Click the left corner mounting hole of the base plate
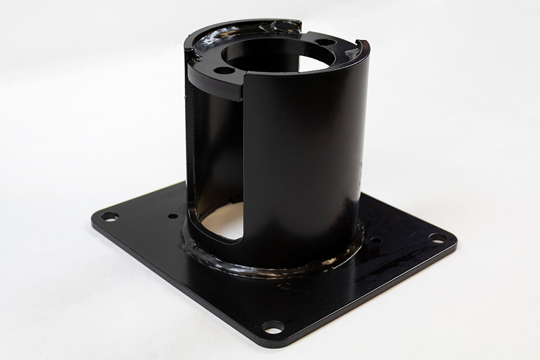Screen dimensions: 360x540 click(x=110, y=217)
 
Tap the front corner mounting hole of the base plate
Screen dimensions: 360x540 click(x=273, y=327)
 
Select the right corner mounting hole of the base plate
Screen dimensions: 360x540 click(x=437, y=237)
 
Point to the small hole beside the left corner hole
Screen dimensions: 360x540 click(x=173, y=216)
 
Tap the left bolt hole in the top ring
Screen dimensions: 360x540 click(x=224, y=70)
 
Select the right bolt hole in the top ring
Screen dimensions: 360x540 click(x=326, y=42)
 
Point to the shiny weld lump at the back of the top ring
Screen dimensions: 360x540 click(x=283, y=25)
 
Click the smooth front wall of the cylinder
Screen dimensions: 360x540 click(x=302, y=162)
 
